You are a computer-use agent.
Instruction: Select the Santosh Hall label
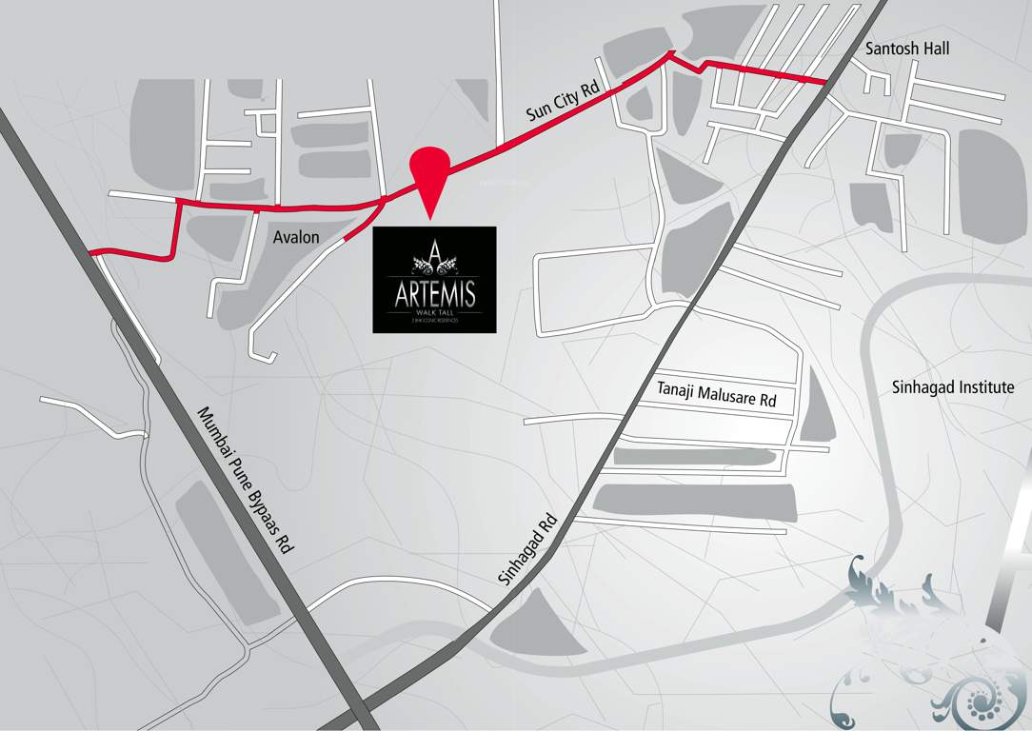click(907, 48)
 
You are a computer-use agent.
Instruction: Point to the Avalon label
click(296, 237)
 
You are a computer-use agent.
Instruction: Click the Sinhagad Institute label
click(953, 387)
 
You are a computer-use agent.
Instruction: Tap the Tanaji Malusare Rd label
click(717, 395)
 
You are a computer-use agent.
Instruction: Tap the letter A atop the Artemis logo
click(434, 252)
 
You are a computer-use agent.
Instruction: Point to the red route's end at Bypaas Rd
click(93, 253)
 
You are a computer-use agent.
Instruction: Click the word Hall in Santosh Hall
click(934, 48)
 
